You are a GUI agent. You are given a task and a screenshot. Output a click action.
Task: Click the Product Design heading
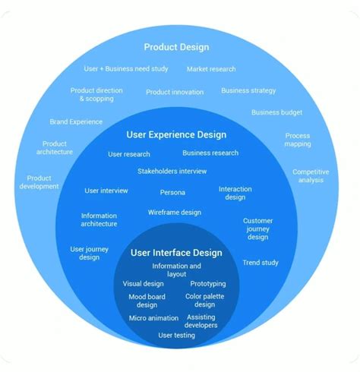pyautogui.click(x=176, y=47)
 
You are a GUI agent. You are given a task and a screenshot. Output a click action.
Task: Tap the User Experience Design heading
pyautogui.click(x=176, y=135)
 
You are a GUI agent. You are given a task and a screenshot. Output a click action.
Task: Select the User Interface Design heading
pyautogui.click(x=176, y=253)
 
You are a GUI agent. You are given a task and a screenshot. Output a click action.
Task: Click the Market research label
pyautogui.click(x=211, y=69)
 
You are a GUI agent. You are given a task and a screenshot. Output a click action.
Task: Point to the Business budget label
pyautogui.click(x=276, y=112)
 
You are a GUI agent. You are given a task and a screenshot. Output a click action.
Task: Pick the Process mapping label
pyautogui.click(x=297, y=140)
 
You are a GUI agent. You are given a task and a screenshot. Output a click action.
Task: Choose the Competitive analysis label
pyautogui.click(x=311, y=176)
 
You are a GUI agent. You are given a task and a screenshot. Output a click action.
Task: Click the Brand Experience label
pyautogui.click(x=76, y=121)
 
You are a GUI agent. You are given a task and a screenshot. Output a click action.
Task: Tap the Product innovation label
pyautogui.click(x=175, y=92)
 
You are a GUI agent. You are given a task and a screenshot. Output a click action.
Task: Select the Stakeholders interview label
pyautogui.click(x=172, y=171)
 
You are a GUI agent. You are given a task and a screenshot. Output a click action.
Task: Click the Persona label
pyautogui.click(x=172, y=192)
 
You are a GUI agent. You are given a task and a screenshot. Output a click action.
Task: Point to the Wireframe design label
pyautogui.click(x=175, y=212)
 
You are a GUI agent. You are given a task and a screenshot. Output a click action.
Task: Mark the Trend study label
pyautogui.click(x=261, y=263)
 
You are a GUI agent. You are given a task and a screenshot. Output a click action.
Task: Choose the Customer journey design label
pyautogui.click(x=257, y=229)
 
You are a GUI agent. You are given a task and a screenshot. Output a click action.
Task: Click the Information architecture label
pyautogui.click(x=99, y=219)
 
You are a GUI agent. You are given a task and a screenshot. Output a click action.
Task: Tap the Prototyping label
pyautogui.click(x=207, y=284)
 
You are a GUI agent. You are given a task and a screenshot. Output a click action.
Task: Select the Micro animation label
pyautogui.click(x=153, y=318)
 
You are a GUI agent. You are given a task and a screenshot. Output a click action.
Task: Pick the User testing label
pyautogui.click(x=176, y=335)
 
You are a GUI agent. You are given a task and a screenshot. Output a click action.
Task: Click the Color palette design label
pyautogui.click(x=204, y=301)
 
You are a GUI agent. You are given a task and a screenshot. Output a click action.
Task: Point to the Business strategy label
pyautogui.click(x=248, y=90)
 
